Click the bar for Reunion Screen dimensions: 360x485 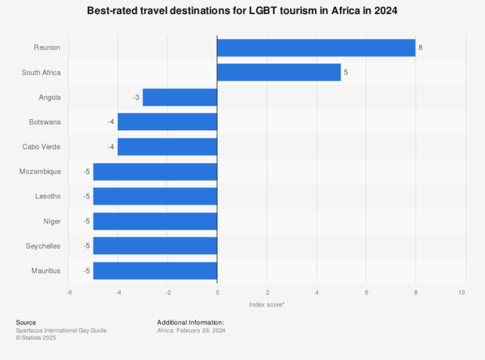(x=316, y=47)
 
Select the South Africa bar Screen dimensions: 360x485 (x=279, y=72)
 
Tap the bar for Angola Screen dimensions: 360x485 (x=180, y=97)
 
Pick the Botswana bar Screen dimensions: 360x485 (x=167, y=122)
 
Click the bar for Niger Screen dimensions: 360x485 (x=155, y=221)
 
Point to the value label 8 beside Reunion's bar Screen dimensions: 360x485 (x=420, y=47)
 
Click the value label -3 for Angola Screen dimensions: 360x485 (x=136, y=97)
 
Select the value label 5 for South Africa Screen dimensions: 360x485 (x=346, y=72)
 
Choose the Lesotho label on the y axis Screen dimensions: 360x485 (x=47, y=196)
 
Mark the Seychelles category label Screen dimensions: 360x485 (x=43, y=246)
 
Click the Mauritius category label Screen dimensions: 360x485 (x=45, y=271)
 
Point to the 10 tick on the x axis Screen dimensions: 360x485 (x=461, y=292)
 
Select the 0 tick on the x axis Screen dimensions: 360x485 (x=217, y=292)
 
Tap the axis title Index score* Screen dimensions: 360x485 (x=266, y=305)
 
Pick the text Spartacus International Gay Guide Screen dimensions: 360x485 (x=61, y=330)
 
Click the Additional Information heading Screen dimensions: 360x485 (x=190, y=322)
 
